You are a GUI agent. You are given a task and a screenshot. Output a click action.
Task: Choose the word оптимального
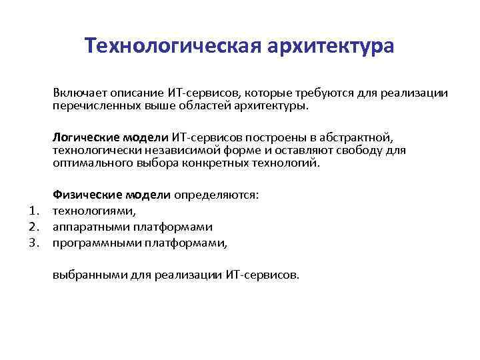90,162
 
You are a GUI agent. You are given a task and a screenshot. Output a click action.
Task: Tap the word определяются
215,195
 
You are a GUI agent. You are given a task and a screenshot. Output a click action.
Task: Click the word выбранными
84,273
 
